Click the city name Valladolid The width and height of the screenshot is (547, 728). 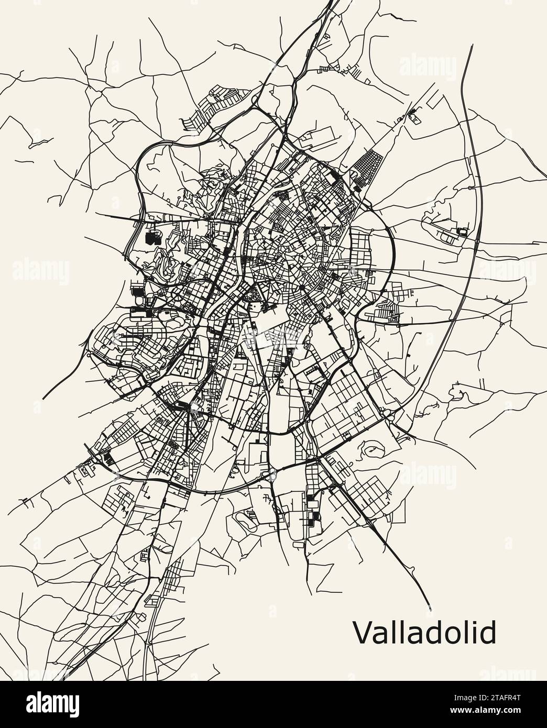click(424, 633)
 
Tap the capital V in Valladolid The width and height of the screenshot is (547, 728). click(362, 633)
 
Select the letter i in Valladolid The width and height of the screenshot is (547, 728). click(475, 633)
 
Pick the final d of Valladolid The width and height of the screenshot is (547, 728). click(488, 633)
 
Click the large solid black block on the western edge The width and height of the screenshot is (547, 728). click(152, 239)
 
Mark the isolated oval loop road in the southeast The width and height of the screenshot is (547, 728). click(373, 448)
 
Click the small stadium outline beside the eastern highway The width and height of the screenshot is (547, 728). click(462, 231)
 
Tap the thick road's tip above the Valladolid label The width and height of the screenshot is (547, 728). click(430, 609)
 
